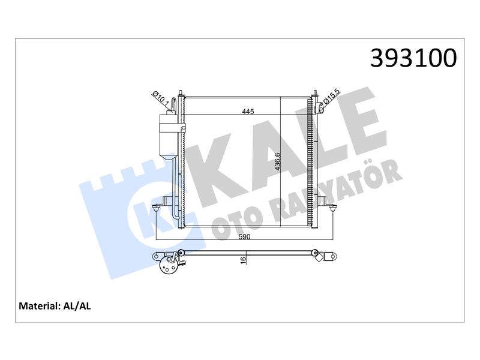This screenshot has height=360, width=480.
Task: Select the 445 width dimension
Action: pos(248,112)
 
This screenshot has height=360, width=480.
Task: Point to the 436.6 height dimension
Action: pos(277,161)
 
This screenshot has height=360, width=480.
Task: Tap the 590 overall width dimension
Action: pos(244,236)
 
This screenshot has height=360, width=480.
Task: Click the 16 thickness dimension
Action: pos(244,260)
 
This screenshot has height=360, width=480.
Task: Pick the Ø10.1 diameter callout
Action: pos(160,98)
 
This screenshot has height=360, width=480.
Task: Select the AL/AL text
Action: pos(77,306)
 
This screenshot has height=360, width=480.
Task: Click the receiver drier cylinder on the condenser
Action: pos(168,137)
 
